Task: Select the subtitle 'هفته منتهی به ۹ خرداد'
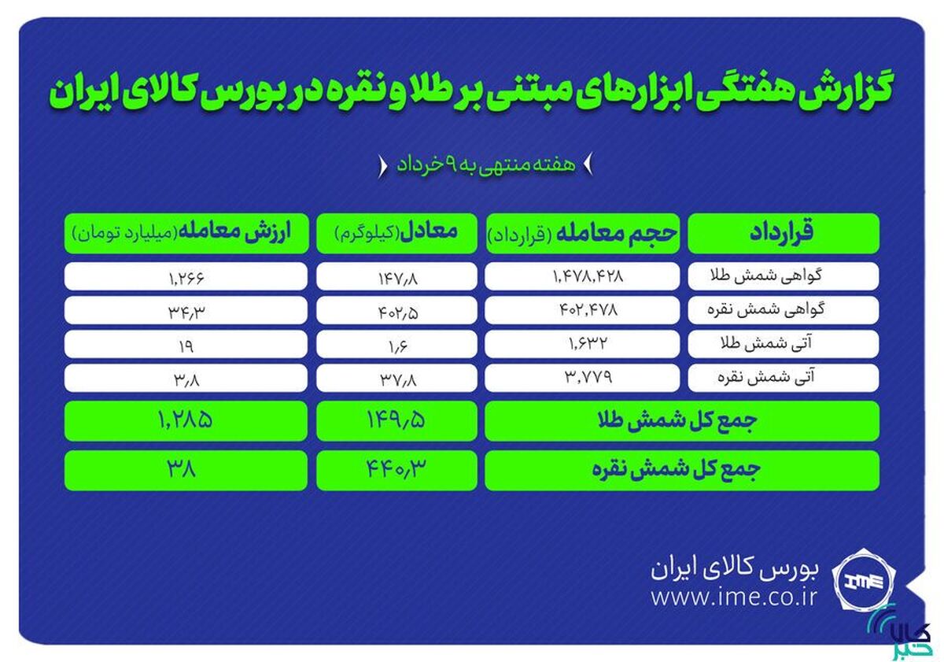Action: (485, 165)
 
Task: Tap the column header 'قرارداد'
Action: (784, 233)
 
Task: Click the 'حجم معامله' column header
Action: (582, 233)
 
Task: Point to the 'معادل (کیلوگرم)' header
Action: (396, 233)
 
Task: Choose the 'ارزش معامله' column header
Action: (186, 233)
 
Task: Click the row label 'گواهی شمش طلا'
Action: (784, 276)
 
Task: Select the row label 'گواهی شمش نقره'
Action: (784, 310)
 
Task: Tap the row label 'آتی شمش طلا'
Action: (784, 344)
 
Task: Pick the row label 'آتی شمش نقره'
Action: (784, 377)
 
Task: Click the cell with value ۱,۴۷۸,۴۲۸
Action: (582, 276)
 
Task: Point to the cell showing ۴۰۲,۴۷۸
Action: (582, 310)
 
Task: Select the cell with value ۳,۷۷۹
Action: (582, 377)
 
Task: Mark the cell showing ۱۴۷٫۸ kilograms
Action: (396, 276)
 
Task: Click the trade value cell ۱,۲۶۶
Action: (186, 276)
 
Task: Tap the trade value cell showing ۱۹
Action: (186, 345)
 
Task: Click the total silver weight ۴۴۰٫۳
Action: (396, 470)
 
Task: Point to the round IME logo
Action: (865, 582)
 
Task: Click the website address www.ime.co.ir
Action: (734, 597)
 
